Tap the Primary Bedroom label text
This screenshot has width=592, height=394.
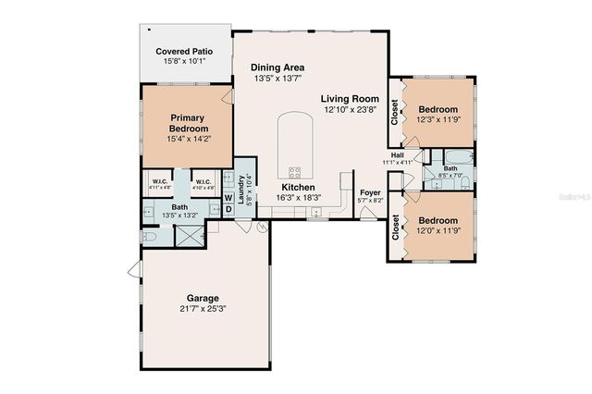pyautogui.click(x=188, y=123)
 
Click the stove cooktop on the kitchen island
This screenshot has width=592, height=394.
pyautogui.click(x=295, y=171)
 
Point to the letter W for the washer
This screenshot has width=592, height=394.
pyautogui.click(x=228, y=196)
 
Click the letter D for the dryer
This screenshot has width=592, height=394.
pyautogui.click(x=228, y=209)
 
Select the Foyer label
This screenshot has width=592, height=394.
pyautogui.click(x=370, y=192)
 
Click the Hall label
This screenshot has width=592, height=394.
pyautogui.click(x=397, y=154)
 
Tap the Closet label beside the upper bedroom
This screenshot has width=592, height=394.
pyautogui.click(x=395, y=112)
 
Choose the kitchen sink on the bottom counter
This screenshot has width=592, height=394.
pyautogui.click(x=315, y=212)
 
